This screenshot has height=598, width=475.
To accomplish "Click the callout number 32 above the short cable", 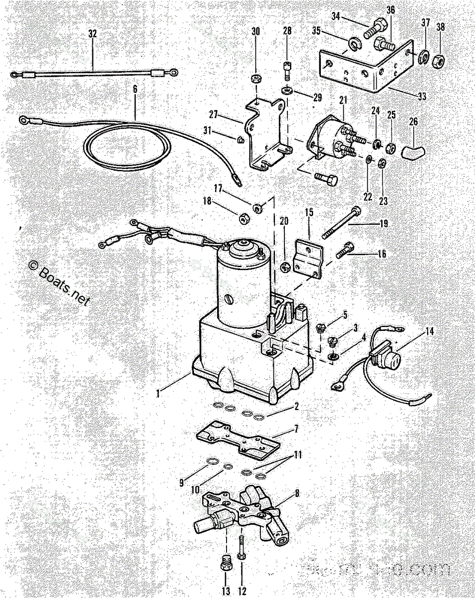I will [x=92, y=34].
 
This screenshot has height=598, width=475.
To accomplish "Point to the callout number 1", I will [x=158, y=393].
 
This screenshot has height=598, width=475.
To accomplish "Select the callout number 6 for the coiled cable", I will [x=135, y=90].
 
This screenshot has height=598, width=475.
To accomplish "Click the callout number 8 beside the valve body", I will [x=297, y=494].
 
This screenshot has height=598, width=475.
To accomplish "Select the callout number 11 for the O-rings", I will [x=297, y=455].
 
